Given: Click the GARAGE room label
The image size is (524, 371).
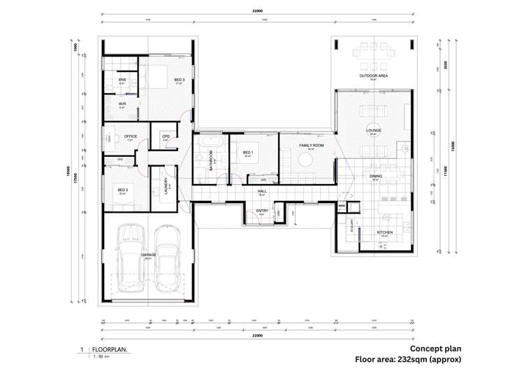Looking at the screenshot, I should coord(148,255).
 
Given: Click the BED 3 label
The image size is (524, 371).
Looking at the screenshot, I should coord(180,80).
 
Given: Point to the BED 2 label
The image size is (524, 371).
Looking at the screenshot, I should coord(123,190).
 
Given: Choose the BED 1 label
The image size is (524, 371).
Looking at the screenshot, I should coord(248,153).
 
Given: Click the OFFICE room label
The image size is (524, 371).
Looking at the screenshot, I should coord(131,136).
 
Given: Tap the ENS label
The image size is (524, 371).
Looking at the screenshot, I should coord(122,80).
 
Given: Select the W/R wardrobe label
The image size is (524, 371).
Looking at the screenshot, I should coord(122,104).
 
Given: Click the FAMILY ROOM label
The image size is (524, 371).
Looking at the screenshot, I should coord(307,145).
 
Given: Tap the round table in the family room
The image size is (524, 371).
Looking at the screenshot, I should coord(305,160).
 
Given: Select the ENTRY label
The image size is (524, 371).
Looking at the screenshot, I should coord(262,211).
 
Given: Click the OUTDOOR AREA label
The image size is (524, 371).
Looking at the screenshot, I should coord(374,75).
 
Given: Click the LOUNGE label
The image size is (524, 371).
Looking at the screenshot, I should coord(373,130).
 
